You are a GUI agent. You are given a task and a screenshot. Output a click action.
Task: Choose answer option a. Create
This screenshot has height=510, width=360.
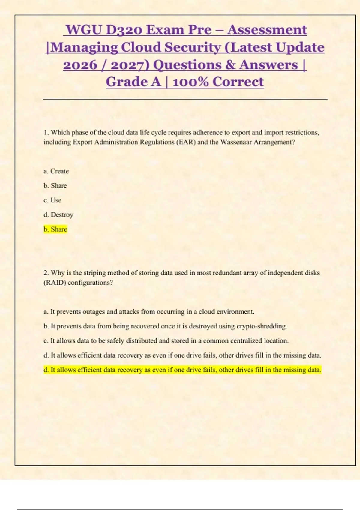[x=56, y=171]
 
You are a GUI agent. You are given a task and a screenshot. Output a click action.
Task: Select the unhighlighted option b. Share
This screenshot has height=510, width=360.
[x=55, y=186]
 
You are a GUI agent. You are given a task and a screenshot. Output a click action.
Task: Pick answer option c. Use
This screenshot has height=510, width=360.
[x=52, y=200]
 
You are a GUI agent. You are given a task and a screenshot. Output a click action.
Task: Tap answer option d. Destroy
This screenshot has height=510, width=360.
[x=58, y=215]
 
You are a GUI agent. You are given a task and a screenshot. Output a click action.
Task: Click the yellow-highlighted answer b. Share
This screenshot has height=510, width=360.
[x=55, y=229]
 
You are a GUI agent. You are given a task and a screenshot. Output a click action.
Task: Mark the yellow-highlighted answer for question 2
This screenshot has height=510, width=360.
[x=182, y=370]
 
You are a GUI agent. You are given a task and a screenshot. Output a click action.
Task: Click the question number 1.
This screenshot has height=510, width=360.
[x=46, y=133]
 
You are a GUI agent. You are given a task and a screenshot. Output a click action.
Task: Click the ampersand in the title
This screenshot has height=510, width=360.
[x=230, y=65]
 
